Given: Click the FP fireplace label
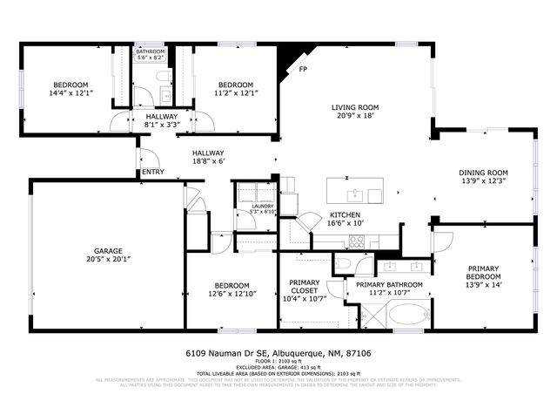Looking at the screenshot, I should pos(303,69).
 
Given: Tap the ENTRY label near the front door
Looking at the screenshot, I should pos(152,172).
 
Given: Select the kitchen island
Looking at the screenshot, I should pos(356,192).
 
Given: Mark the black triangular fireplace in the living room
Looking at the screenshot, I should pos(285,59).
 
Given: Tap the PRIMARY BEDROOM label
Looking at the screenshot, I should pos(483,273).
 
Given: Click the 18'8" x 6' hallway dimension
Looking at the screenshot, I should pos(208,160).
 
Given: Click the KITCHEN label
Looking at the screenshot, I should pos(345,216).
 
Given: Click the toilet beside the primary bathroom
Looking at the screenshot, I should pos(345,265).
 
